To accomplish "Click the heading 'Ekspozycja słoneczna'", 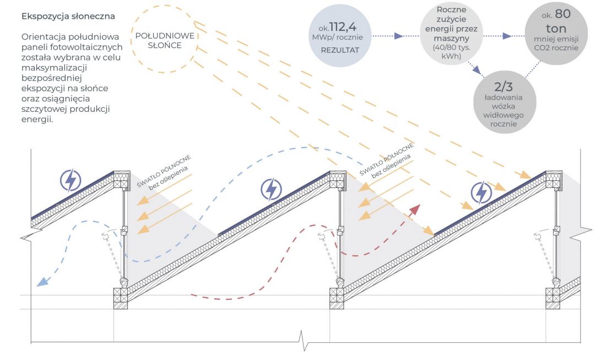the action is tap(68, 16).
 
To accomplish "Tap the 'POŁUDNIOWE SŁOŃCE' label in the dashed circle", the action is tap(165, 41).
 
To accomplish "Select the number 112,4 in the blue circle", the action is tap(343, 26).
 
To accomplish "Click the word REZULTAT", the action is tap(340, 50).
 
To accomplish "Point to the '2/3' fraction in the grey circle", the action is tap(504, 87).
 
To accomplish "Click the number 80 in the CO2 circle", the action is tap(562, 14).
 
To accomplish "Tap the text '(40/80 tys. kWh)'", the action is tap(451, 52).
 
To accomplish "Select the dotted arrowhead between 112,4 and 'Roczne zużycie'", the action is tap(398, 36).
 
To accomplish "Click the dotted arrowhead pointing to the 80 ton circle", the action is tap(507, 36).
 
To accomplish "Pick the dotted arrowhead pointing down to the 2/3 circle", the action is tap(477, 71).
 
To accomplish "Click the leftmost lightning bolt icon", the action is tap(71, 180).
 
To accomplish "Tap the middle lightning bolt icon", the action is tap(271, 189).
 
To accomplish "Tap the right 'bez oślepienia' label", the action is tap(391, 166).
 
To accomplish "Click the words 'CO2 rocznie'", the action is tap(556, 48).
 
